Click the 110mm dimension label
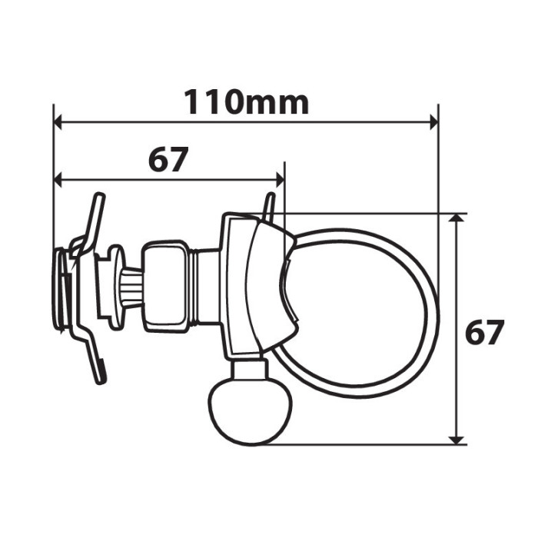tap(246, 101)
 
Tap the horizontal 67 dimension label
tap(168, 160)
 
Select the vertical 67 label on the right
tap(485, 334)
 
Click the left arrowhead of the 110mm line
tap(59, 121)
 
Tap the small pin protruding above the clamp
tap(268, 207)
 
